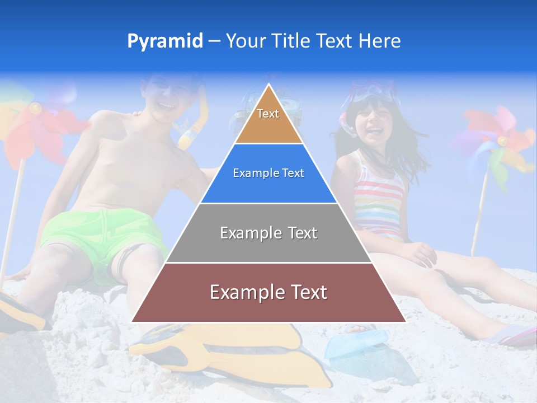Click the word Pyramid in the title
(165, 41)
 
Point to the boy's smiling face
(168, 98)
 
